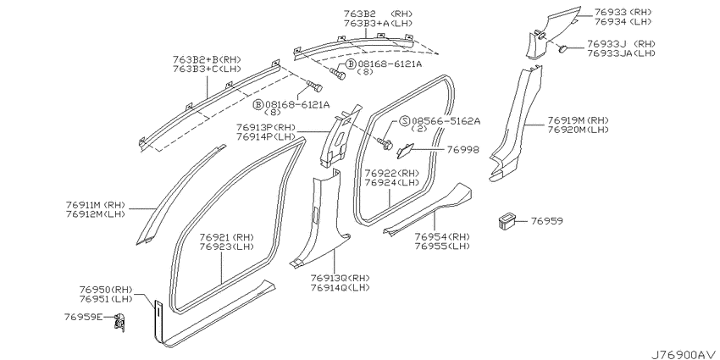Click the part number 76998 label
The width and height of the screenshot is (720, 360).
click(462, 150)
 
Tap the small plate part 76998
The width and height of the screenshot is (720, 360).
click(406, 150)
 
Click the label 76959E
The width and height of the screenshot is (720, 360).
click(84, 317)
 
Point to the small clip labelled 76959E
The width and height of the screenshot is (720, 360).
click(119, 320)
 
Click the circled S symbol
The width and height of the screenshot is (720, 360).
click(404, 121)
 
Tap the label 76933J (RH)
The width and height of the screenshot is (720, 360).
click(621, 44)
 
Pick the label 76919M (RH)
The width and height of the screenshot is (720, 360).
click(578, 120)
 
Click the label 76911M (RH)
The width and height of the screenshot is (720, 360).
click(96, 205)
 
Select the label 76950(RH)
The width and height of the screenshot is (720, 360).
click(106, 290)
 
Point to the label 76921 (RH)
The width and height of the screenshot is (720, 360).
click(227, 237)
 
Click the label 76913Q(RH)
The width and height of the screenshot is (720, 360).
click(341, 279)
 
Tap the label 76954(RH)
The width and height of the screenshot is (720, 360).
click(442, 237)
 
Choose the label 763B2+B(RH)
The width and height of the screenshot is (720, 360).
click(207, 59)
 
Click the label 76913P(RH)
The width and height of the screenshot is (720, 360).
click(266, 127)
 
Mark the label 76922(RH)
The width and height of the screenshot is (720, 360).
click(392, 173)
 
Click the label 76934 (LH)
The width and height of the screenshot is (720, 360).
click(623, 21)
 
